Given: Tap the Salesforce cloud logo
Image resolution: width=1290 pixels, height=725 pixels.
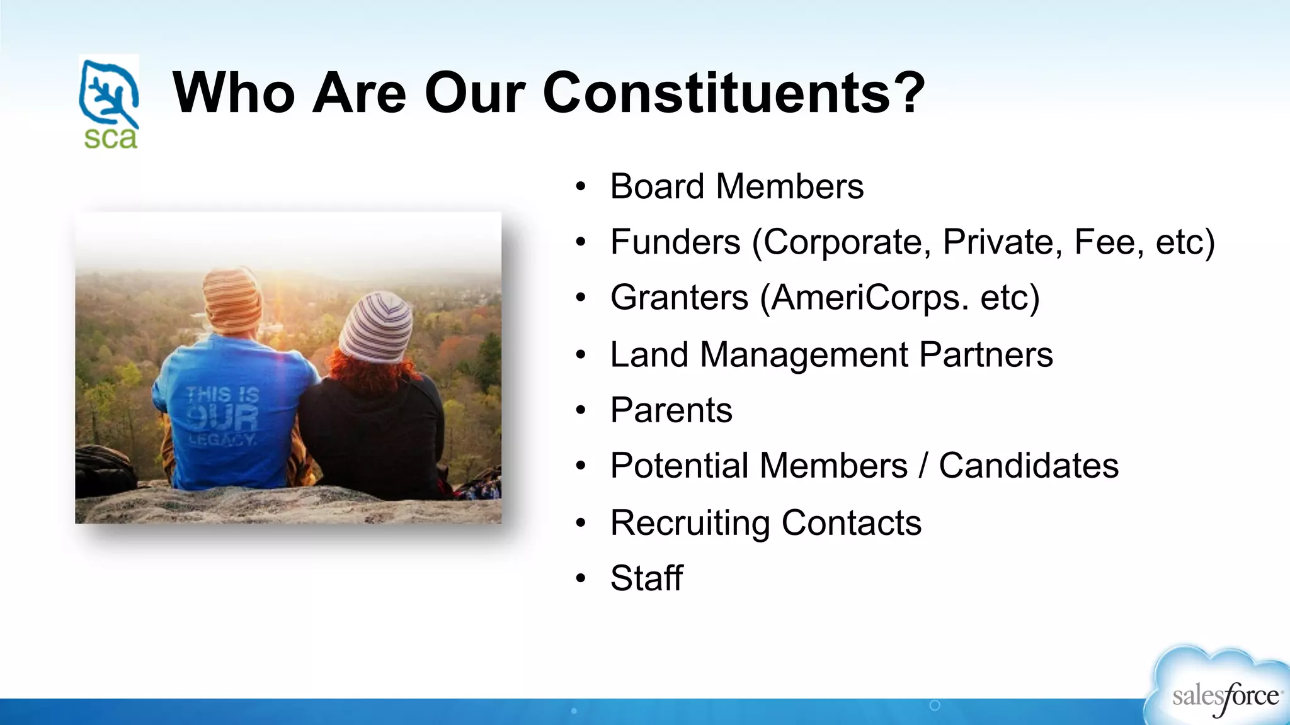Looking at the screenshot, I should point(1219,689).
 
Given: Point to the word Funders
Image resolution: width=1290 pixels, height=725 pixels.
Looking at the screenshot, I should point(675,242).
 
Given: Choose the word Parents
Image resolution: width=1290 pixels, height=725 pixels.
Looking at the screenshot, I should point(671,410).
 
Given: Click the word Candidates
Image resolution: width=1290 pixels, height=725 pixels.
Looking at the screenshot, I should point(1029,466).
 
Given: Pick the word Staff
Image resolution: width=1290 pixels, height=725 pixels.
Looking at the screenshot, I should point(646,578).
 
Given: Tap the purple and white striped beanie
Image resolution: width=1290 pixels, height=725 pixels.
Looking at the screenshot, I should point(376,328).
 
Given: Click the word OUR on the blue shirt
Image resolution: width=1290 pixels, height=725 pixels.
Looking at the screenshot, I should point(223,417).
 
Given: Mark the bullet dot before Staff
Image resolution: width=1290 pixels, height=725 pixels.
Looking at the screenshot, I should point(580,578).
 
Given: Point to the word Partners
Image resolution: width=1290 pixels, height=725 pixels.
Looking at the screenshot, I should point(986,354).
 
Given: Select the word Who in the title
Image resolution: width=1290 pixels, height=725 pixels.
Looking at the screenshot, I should point(233,93).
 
